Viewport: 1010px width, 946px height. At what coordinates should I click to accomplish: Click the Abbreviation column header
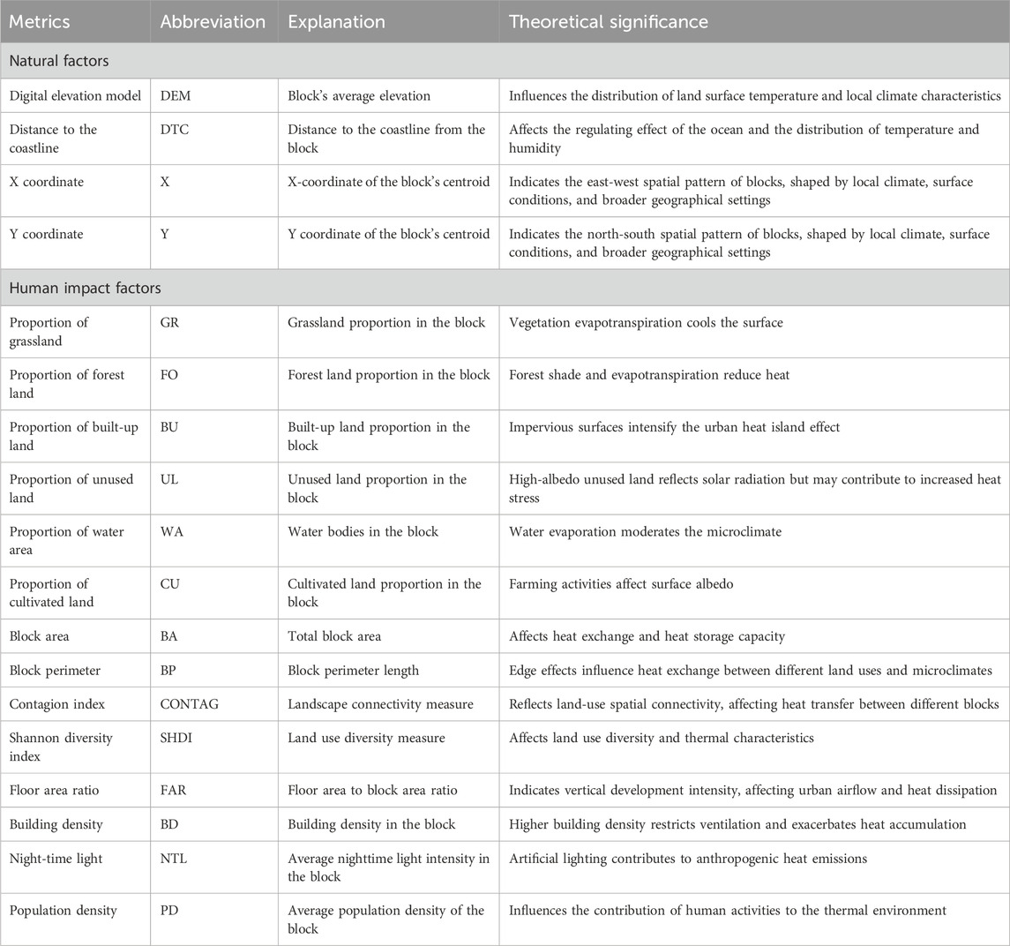(213, 22)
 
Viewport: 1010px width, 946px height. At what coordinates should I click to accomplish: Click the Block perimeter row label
(56, 670)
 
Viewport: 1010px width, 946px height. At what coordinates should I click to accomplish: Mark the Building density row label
(56, 824)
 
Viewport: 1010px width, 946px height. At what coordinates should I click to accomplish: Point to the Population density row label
(64, 910)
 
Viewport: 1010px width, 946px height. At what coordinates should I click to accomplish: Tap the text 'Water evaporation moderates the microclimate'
(644, 532)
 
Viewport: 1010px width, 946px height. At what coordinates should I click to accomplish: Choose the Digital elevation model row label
(76, 95)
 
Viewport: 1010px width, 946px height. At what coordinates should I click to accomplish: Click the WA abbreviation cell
(171, 532)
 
